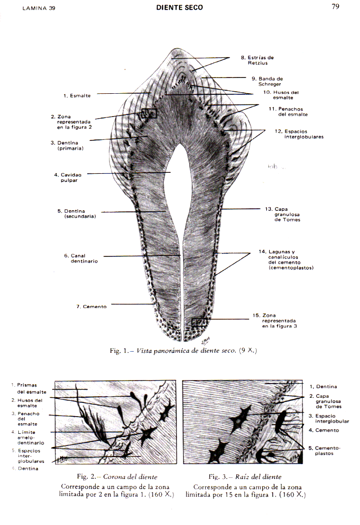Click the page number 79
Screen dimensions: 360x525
[x=335, y=7]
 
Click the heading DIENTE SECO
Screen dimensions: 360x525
[x=179, y=8]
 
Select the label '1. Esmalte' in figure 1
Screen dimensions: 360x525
[x=77, y=95]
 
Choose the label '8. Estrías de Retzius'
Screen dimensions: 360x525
[x=257, y=60]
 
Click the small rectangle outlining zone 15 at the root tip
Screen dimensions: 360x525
[x=199, y=322]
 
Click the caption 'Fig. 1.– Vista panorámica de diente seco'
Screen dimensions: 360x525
[x=180, y=351]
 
